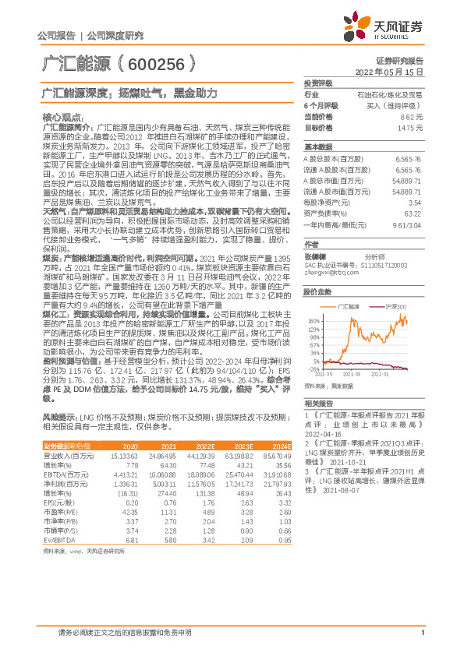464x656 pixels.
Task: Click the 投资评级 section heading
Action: [x=317, y=82]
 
